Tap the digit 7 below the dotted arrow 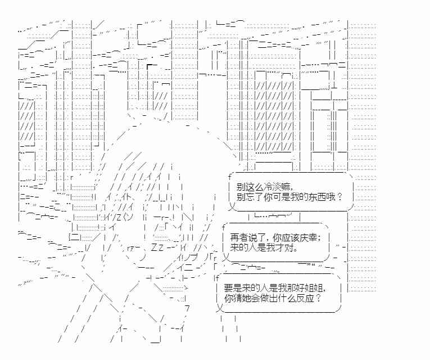187,308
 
